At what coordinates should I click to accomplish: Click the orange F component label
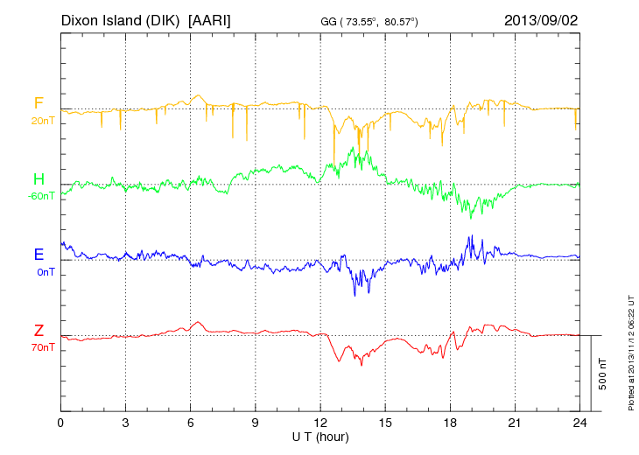coord(39,103)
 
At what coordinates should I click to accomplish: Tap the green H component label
coord(39,179)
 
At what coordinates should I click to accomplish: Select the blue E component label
coord(39,255)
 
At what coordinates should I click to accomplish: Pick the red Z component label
coord(39,330)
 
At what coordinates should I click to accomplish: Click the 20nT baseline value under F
coord(42,121)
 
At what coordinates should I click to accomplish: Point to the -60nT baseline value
coord(40,196)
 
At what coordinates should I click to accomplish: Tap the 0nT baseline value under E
coord(45,272)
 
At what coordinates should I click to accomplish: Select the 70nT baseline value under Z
coord(42,347)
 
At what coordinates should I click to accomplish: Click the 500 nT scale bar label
coord(603,374)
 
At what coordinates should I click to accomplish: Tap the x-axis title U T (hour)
coord(320,436)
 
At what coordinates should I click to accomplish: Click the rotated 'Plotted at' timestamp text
coord(631,350)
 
